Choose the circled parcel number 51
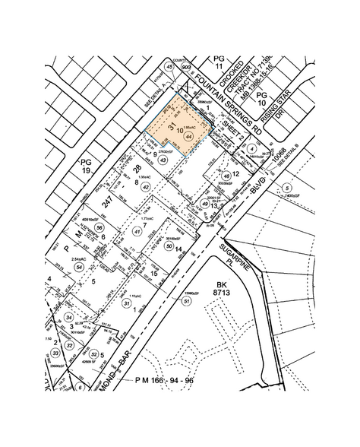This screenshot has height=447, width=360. coord(187,302)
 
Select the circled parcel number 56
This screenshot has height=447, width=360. coord(98,227)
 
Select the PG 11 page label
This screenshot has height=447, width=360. coord(219,62)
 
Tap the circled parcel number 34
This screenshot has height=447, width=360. coord(68,317)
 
